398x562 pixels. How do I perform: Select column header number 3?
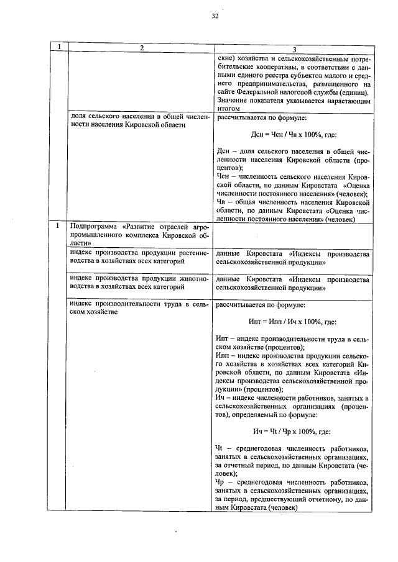[294, 49]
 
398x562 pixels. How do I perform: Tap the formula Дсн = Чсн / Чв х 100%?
[294, 134]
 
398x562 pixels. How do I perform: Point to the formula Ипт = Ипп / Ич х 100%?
[294, 322]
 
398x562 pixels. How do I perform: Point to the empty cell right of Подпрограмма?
[294, 236]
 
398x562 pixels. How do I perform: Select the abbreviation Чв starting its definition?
[221, 202]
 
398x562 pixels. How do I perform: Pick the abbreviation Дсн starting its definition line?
[224, 150]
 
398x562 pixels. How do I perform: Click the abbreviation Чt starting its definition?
[221, 448]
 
